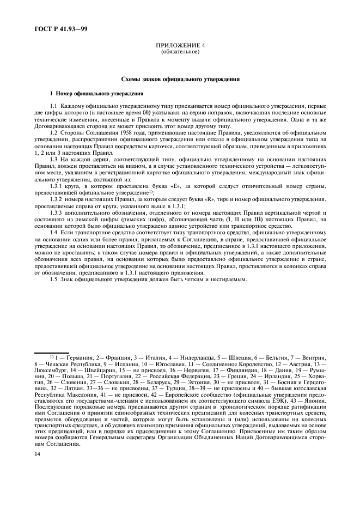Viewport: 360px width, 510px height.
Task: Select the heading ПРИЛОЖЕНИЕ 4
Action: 180,47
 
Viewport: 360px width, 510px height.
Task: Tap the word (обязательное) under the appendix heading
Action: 180,52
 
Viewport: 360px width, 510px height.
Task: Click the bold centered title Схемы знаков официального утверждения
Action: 180,80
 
